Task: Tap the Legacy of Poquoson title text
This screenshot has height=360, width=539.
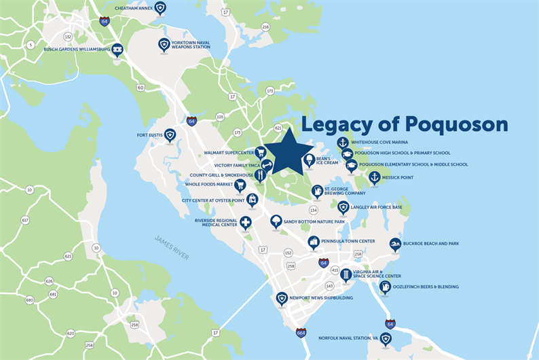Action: (405, 124)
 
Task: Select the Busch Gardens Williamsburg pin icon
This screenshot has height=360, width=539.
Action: (117, 49)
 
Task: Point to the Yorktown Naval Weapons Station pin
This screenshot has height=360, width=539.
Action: (164, 44)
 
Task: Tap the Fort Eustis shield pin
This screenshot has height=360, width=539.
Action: (170, 134)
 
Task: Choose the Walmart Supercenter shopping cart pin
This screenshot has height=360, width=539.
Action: (260, 152)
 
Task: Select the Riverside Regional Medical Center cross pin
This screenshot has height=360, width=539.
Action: (245, 222)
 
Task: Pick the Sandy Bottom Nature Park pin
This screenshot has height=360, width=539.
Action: (276, 221)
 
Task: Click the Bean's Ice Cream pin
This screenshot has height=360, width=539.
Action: (309, 160)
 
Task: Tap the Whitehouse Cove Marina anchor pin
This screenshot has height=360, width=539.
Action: (343, 143)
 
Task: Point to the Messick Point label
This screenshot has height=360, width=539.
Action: (398, 178)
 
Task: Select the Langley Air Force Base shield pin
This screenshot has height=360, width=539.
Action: (343, 206)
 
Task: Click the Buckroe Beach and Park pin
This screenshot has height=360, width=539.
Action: (395, 244)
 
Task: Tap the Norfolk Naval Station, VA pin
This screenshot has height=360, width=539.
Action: (386, 338)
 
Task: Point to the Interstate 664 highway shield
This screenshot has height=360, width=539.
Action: (301, 333)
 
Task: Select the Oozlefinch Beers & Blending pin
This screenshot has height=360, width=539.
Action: (385, 287)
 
